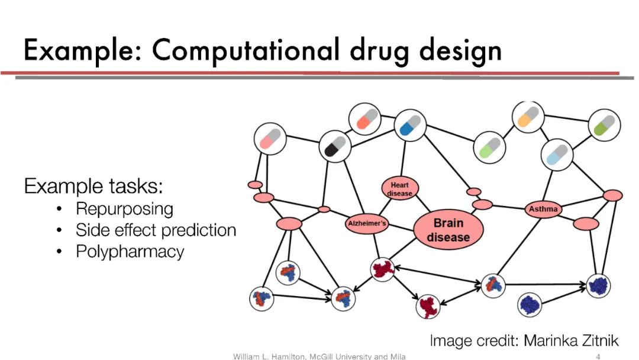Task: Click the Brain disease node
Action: point(448,229)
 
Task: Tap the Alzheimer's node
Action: point(366,223)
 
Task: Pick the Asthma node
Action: point(543,209)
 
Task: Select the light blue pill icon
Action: point(557,155)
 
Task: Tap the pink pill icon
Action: point(270,139)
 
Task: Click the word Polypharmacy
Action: point(130,252)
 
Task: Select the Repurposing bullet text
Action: point(124,209)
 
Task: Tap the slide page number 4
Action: point(598,356)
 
